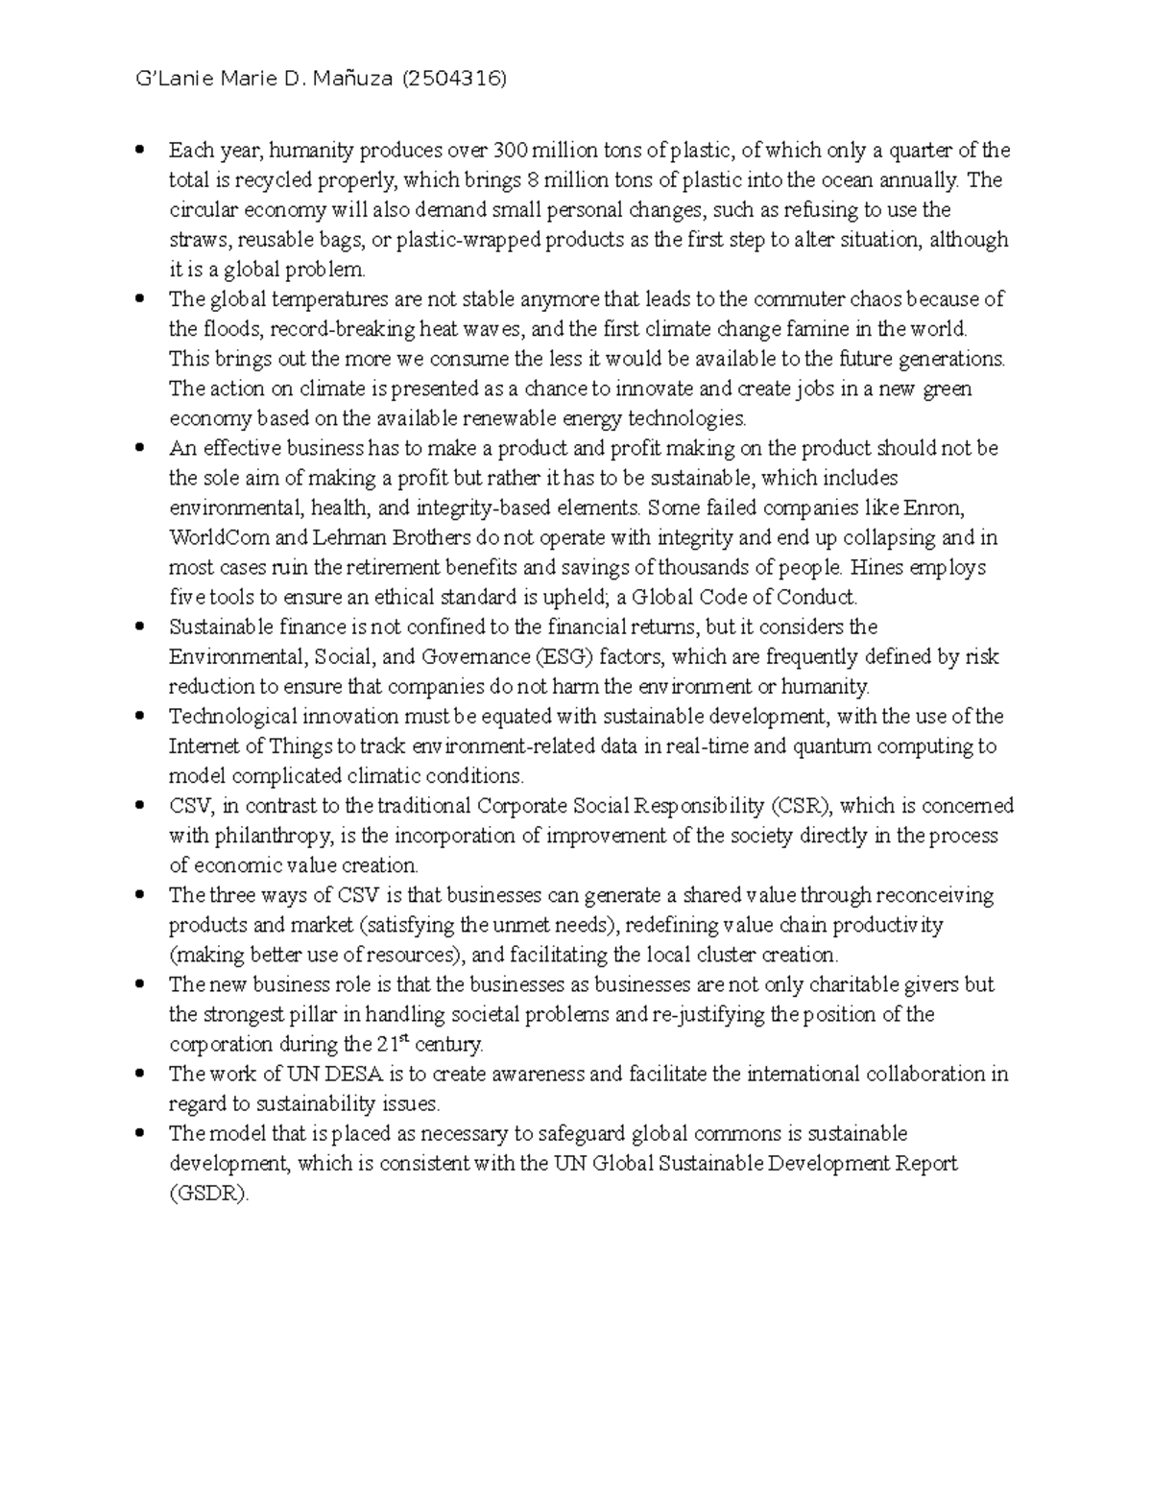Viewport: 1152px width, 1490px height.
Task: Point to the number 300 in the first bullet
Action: click(x=510, y=150)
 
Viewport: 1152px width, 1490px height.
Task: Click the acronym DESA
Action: click(x=342, y=1074)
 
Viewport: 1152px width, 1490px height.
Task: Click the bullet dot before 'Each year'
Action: click(x=140, y=150)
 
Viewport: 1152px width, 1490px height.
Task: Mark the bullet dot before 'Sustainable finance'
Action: click(x=140, y=627)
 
